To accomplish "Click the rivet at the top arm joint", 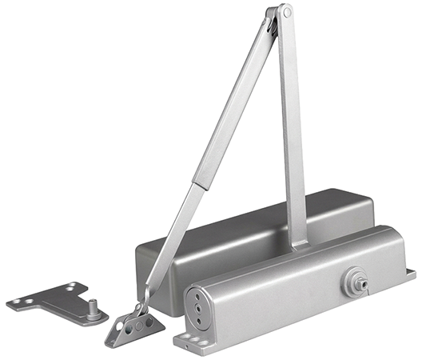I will pyautogui.click(x=282, y=13).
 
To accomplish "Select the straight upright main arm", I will pyautogui.click(x=293, y=128).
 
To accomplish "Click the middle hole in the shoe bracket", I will pyautogui.click(x=135, y=326).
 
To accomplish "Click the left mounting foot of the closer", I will pyautogui.click(x=185, y=339).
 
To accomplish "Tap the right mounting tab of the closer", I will pyautogui.click(x=408, y=274).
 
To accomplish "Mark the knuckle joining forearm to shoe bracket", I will pyautogui.click(x=142, y=307).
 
